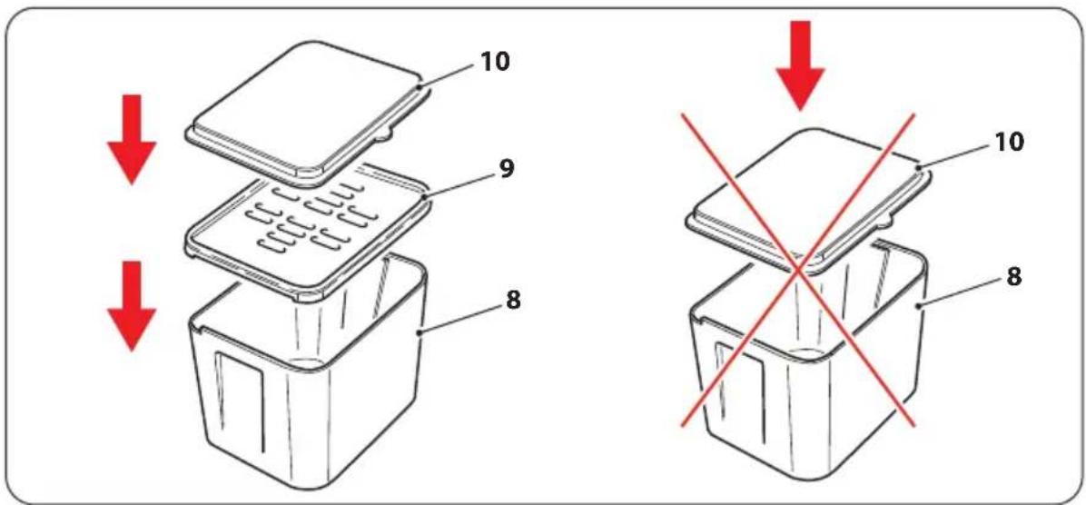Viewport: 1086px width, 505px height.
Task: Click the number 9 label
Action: click(507, 170)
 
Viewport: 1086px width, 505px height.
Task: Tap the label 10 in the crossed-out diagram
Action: click(1007, 143)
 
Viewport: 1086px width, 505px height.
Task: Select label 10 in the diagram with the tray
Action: click(494, 62)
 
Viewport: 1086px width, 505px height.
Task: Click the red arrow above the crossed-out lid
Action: click(800, 65)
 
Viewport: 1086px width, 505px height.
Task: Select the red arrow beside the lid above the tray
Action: click(131, 139)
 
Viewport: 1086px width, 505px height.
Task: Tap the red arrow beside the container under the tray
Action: click(131, 306)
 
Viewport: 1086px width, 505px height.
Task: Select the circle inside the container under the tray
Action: click(308, 363)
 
